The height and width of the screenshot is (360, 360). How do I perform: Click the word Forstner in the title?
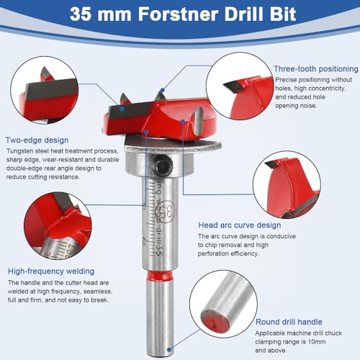tap(179, 14)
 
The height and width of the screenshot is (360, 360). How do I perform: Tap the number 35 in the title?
tap(81, 14)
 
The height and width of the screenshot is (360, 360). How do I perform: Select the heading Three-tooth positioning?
tap(316, 69)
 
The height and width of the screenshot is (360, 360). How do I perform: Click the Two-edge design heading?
tap(37, 140)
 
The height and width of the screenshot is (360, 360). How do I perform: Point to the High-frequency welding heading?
tap(51, 271)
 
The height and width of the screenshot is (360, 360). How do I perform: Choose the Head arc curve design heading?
tap(240, 225)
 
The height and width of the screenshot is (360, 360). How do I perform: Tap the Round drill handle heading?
tap(289, 322)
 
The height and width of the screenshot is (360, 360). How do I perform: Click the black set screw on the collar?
tap(159, 163)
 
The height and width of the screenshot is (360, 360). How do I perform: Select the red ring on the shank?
tap(159, 276)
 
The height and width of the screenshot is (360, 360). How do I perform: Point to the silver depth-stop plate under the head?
tap(172, 144)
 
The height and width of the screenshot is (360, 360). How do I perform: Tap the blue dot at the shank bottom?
tap(169, 350)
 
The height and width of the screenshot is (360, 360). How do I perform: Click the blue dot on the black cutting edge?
tap(122, 109)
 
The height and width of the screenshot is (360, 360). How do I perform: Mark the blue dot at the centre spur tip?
tap(163, 90)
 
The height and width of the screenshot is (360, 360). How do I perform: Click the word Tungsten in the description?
tap(20, 151)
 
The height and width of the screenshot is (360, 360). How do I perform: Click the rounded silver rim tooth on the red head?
tap(198, 120)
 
